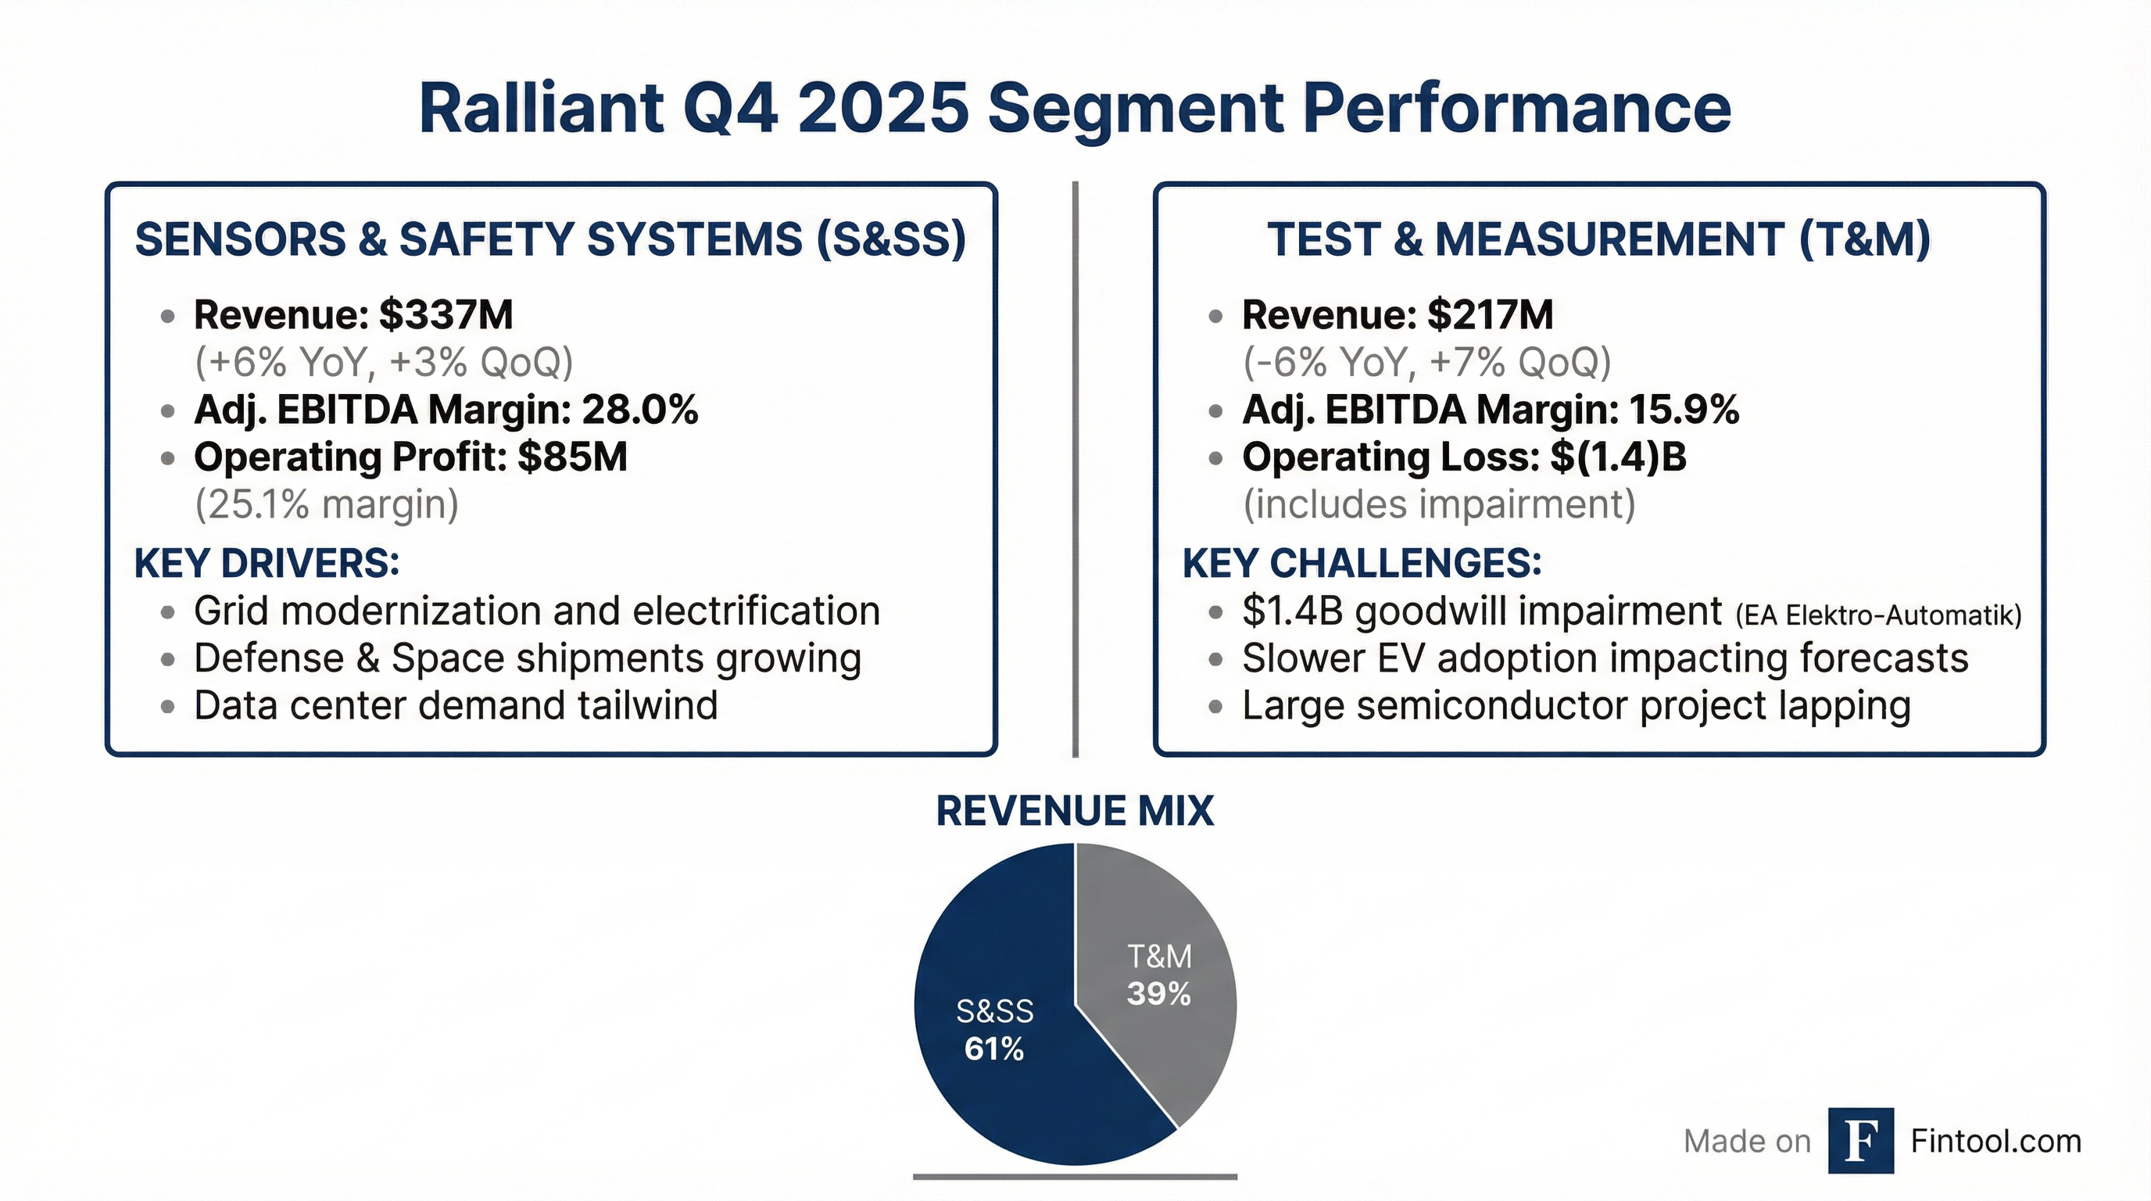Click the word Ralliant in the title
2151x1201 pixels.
tap(541, 109)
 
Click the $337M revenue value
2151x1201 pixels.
tap(445, 315)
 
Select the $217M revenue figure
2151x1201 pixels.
tap(1490, 315)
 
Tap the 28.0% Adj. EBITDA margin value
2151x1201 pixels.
tap(639, 410)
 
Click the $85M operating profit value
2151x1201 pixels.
tap(572, 457)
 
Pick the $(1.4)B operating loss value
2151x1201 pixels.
tap(1618, 457)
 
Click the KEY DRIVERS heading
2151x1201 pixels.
tap(267, 564)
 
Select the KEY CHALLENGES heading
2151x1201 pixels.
tap(1362, 564)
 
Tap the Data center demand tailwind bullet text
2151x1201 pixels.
tap(456, 706)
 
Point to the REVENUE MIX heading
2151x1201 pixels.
tap(1075, 811)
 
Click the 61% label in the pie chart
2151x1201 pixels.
tap(993, 1049)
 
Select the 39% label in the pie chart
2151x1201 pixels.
tap(1158, 994)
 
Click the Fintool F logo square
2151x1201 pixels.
tap(1860, 1141)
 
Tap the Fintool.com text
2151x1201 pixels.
tap(1995, 1141)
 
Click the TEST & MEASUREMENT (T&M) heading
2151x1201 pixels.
tap(1598, 240)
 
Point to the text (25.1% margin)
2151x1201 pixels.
tap(327, 504)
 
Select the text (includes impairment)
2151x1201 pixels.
tap(1439, 504)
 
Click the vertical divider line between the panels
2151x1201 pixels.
tap(1075, 468)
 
